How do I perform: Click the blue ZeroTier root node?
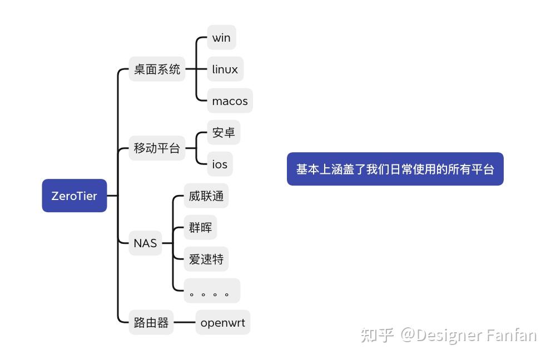(74, 196)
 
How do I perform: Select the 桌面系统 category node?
(157, 69)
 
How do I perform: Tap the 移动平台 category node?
(157, 148)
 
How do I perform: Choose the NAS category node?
(145, 243)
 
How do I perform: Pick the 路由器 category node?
(151, 322)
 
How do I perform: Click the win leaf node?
(221, 38)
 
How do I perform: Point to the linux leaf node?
(225, 69)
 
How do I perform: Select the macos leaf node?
(230, 101)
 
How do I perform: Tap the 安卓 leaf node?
(224, 132)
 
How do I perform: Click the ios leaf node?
(220, 164)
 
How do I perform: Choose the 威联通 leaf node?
(206, 196)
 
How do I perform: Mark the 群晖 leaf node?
(200, 227)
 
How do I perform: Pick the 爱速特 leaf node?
(206, 259)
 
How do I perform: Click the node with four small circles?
(212, 291)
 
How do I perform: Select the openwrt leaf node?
(223, 322)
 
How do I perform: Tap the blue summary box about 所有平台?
(395, 169)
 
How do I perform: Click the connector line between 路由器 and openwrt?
(185, 322)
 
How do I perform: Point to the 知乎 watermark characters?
(377, 335)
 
